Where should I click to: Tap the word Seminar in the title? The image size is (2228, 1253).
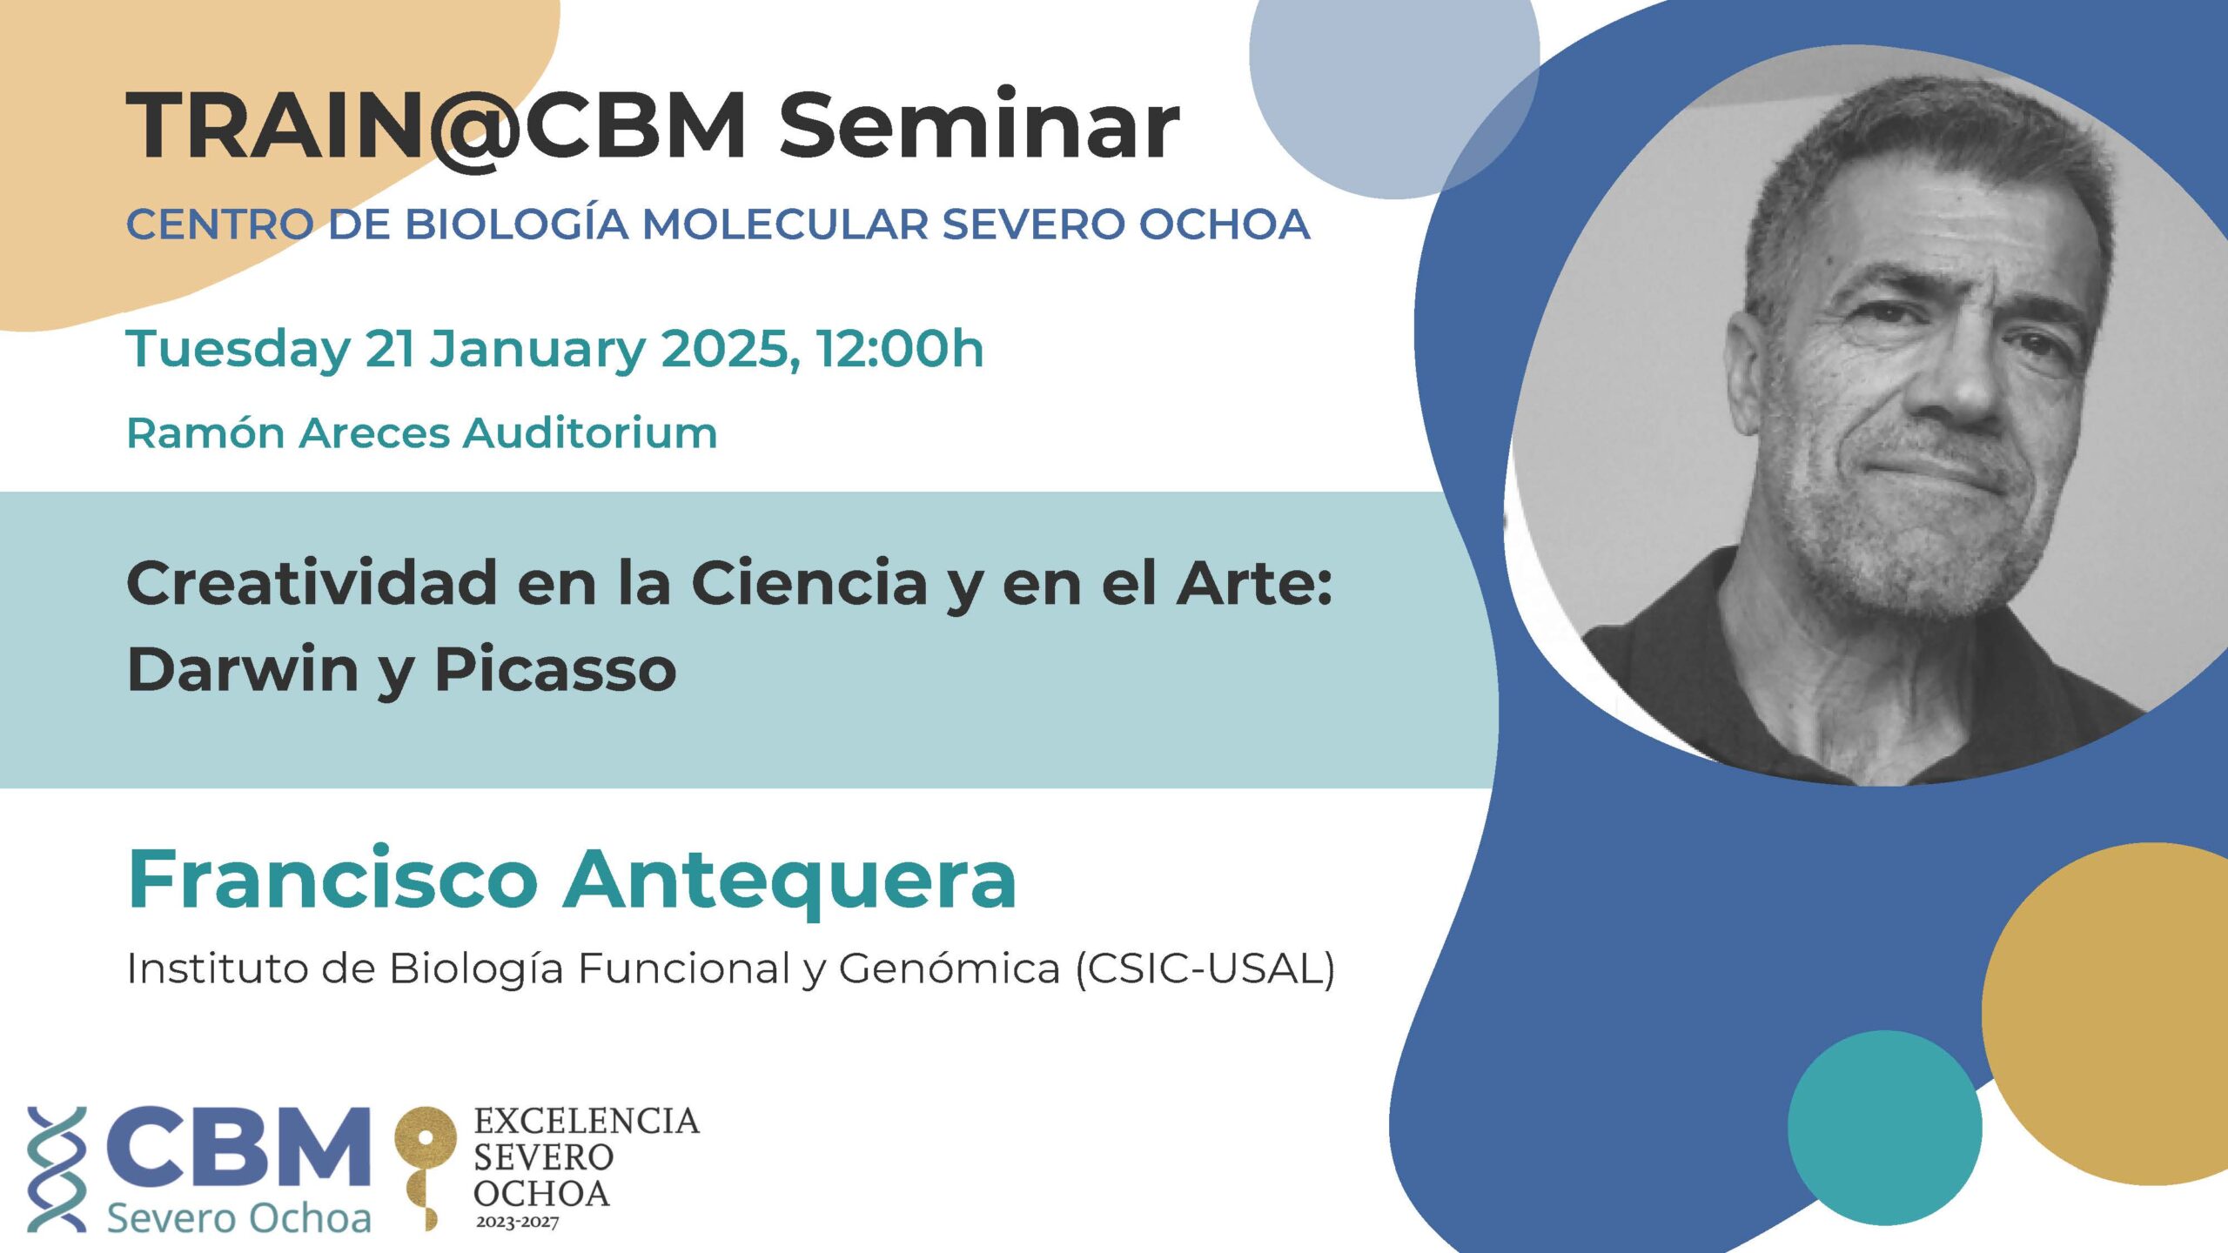(979, 124)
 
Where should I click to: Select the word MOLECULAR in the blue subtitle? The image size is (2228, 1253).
(786, 224)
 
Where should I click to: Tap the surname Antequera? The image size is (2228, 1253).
(790, 880)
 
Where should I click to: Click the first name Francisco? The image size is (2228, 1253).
(333, 878)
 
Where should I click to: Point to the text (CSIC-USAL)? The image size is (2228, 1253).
(1205, 968)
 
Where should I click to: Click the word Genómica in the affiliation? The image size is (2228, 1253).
(950, 968)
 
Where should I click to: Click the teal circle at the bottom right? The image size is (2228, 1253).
(1885, 1128)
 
